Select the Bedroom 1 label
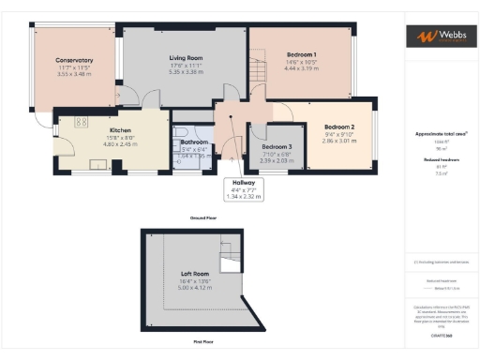301,54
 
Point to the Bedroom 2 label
339,127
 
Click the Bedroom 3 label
277,147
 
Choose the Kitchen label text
120,130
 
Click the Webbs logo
439,37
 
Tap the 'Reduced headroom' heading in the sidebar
439,160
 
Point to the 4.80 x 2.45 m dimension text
120,143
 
